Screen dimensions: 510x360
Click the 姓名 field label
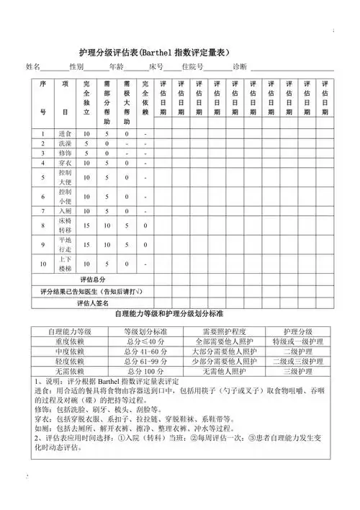(34, 67)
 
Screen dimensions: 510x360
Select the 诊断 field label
(240, 67)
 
